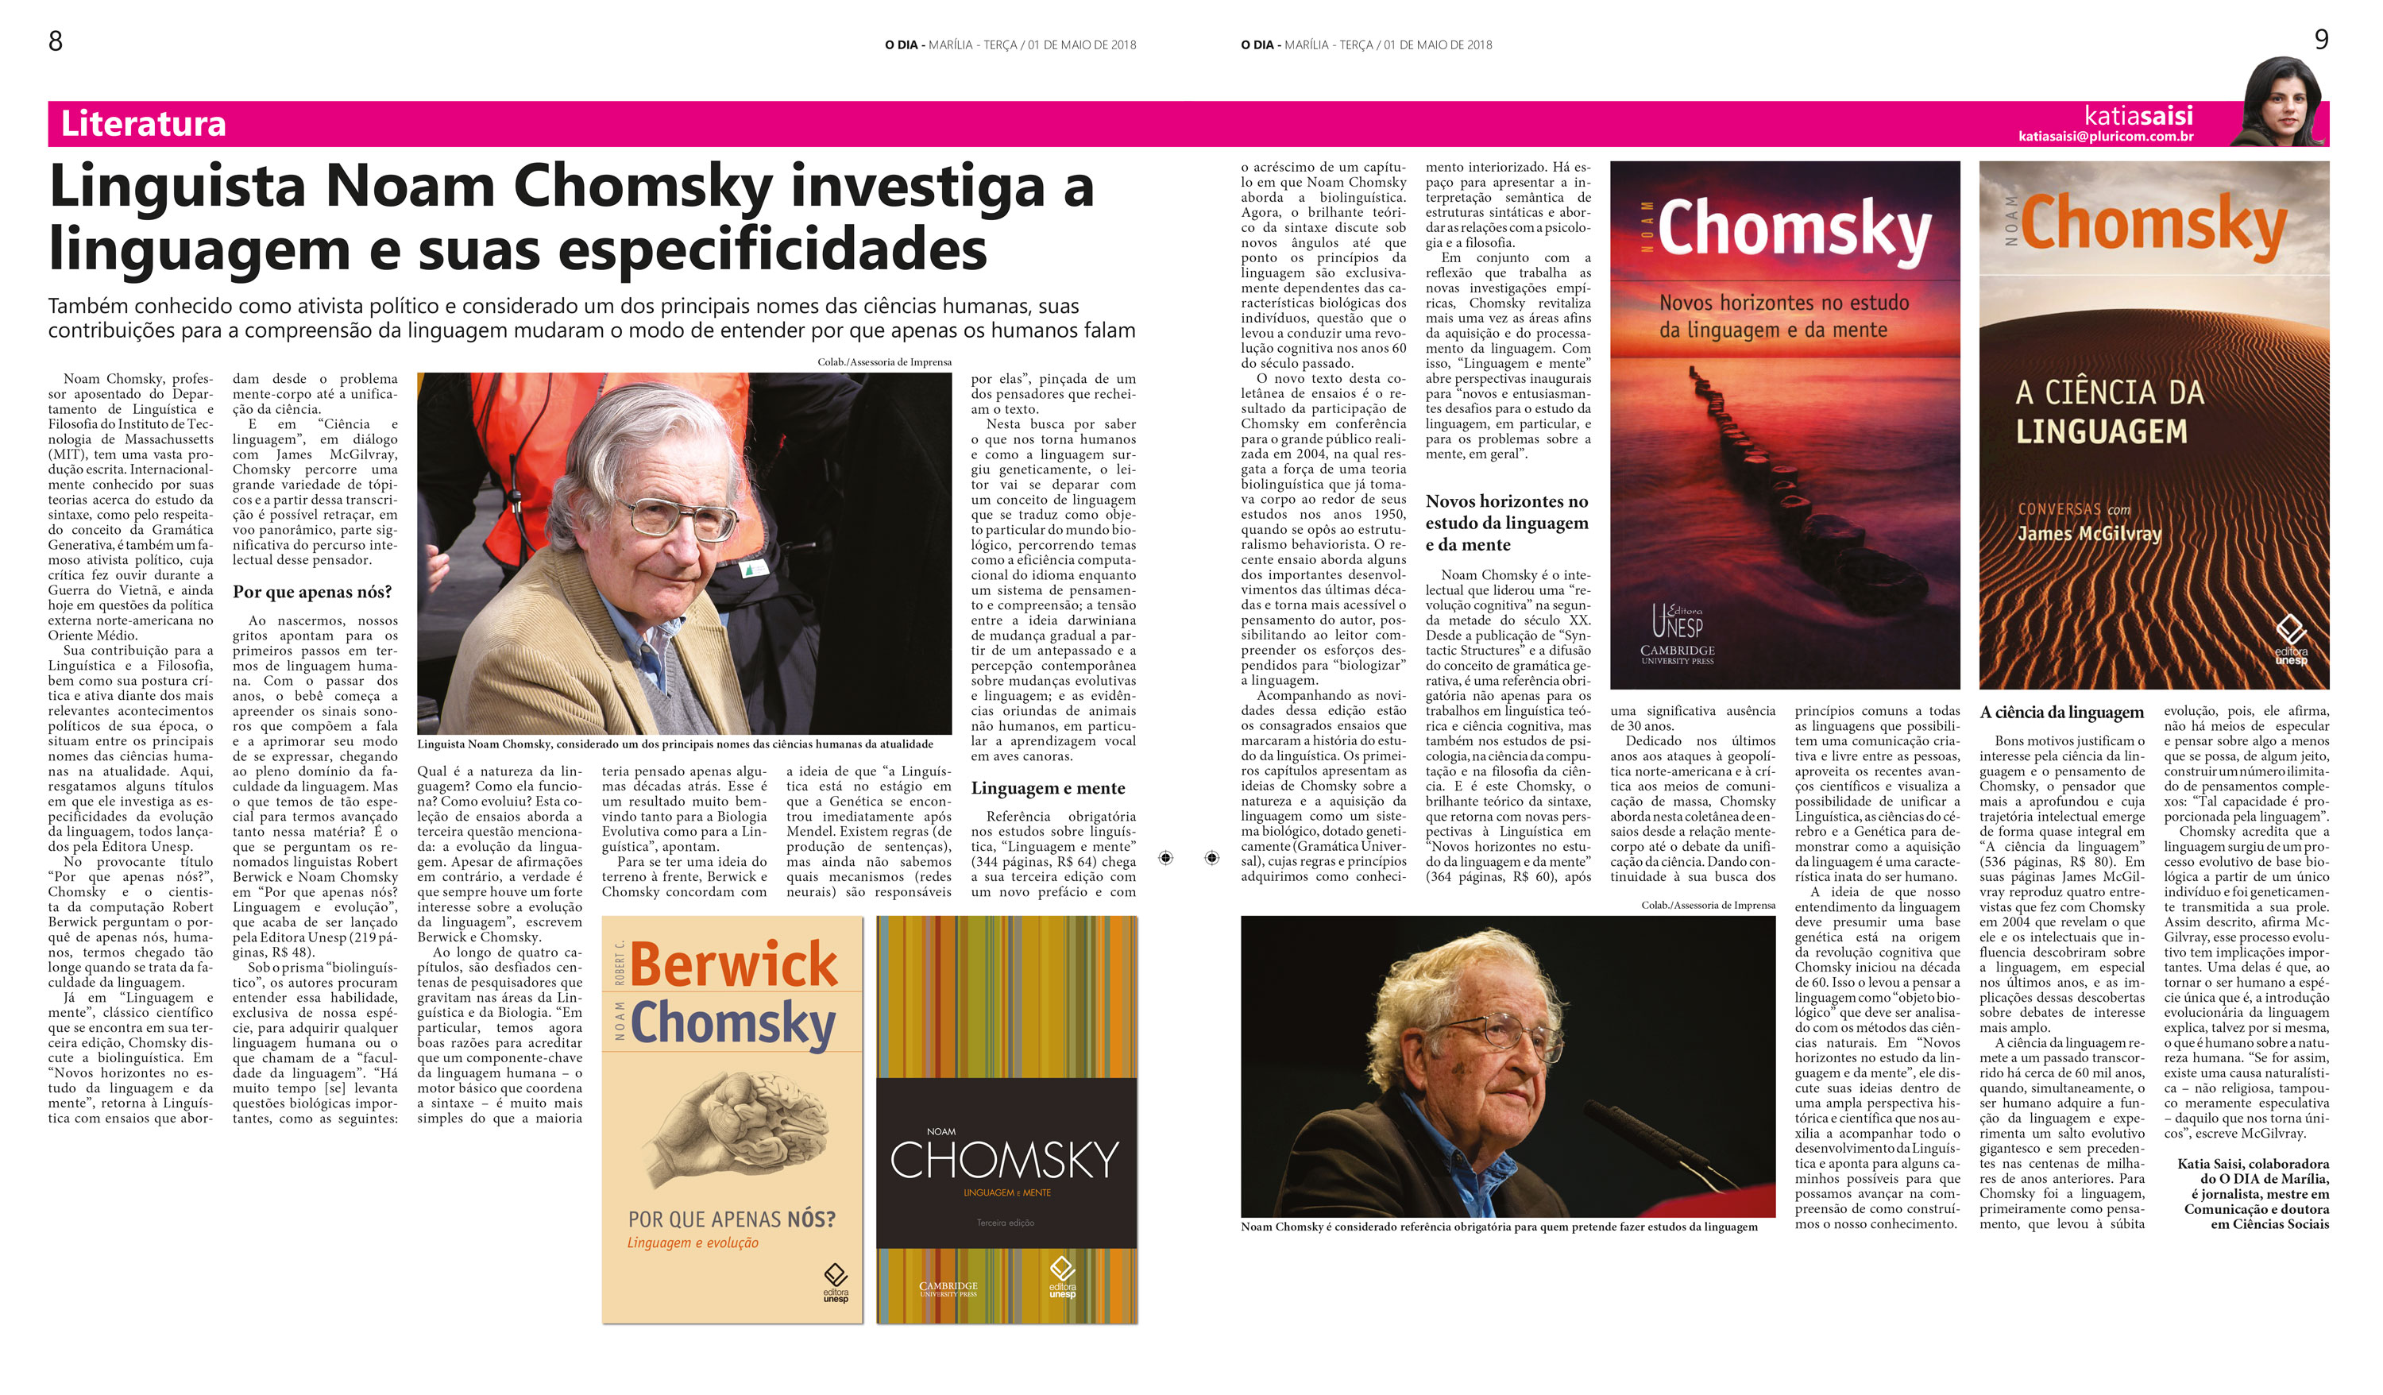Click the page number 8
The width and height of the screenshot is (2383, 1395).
[x=56, y=41]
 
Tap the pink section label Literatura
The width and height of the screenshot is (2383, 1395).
[x=143, y=124]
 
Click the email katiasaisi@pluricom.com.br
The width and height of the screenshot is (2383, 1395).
[x=2105, y=136]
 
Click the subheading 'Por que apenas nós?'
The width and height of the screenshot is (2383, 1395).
[x=312, y=592]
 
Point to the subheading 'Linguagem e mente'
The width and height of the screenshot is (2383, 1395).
[x=1048, y=788]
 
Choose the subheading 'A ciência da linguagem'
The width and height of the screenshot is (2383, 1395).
[x=2061, y=712]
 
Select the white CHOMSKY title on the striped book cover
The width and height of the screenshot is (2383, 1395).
[x=1005, y=1160]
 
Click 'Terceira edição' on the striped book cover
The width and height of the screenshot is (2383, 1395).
[x=1005, y=1223]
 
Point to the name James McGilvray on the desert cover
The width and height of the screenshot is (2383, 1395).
[x=2089, y=533]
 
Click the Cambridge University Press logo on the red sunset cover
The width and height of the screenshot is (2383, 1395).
[x=1677, y=655]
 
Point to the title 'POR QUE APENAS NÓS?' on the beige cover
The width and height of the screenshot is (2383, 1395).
[x=732, y=1219]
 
